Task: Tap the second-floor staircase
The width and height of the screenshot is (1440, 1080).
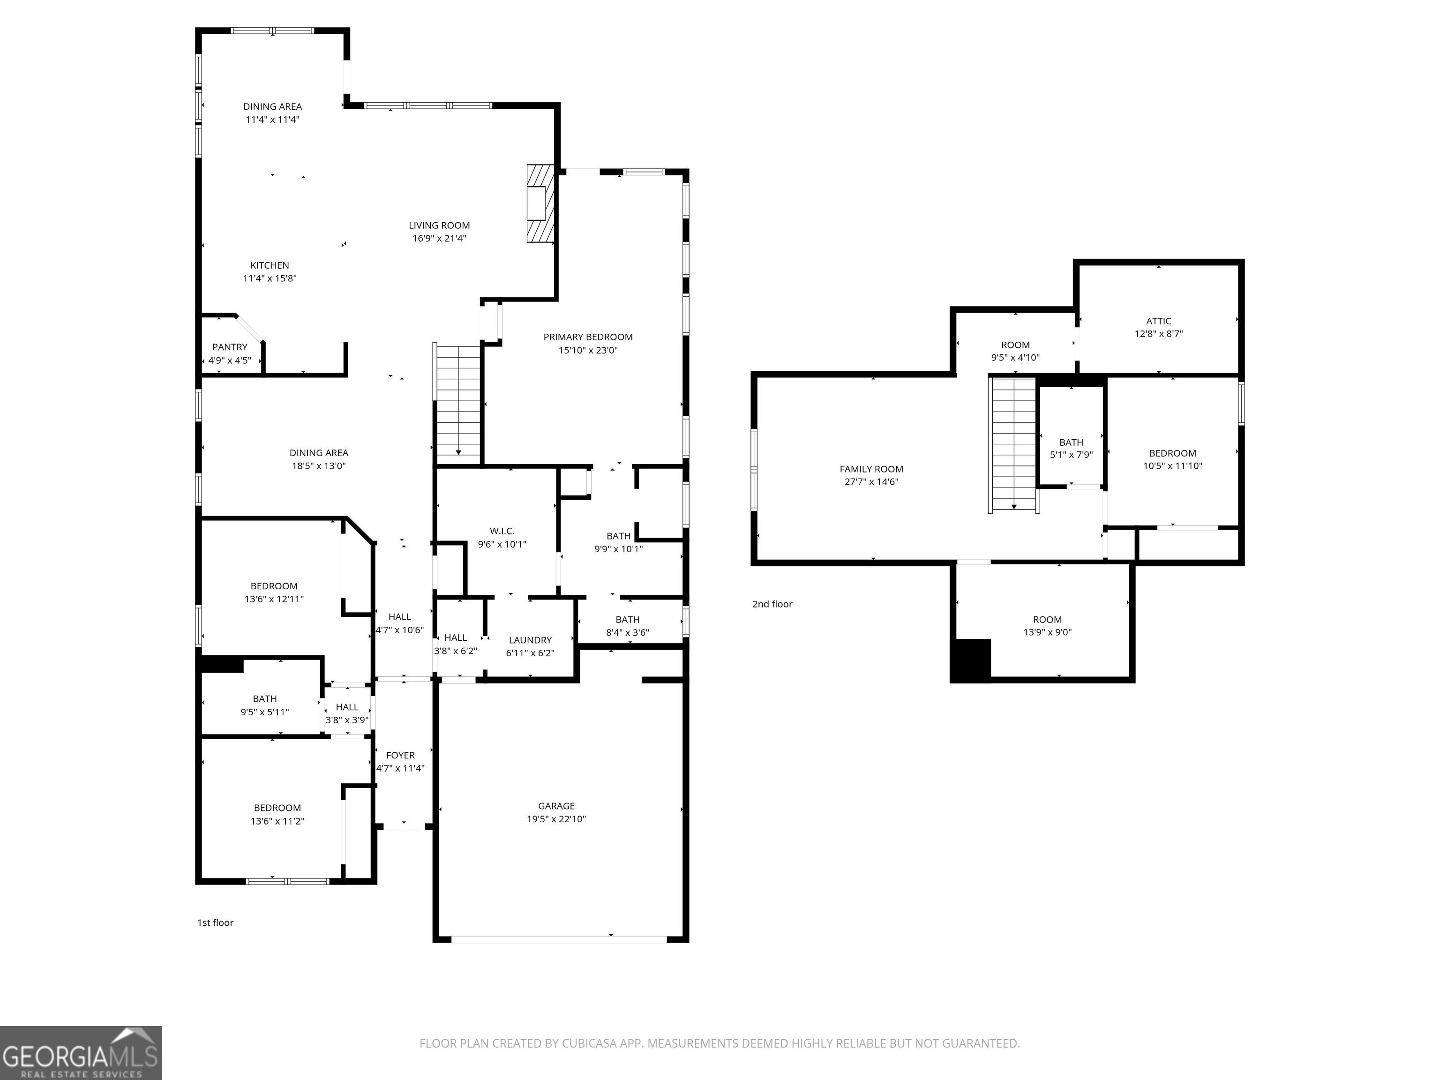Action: coord(1013,445)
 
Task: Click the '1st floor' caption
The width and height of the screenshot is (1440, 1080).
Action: coord(216,922)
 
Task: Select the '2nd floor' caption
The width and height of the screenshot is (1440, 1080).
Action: coord(772,604)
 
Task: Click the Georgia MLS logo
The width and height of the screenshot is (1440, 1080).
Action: coord(81,1053)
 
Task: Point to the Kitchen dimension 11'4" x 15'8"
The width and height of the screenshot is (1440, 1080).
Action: coord(270,278)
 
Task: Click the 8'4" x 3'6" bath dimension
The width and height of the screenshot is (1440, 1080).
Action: coord(628,632)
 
